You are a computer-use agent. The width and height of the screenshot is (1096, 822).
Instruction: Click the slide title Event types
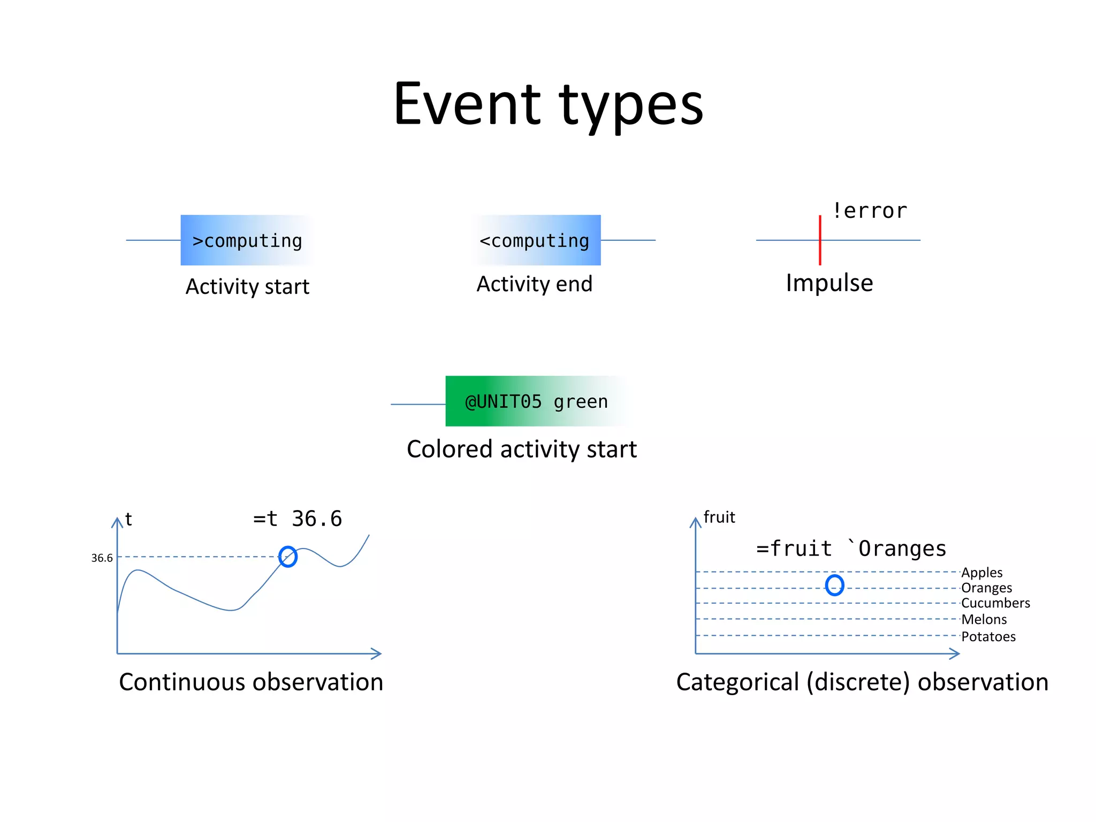[x=548, y=104]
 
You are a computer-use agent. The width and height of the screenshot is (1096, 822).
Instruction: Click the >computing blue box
[x=247, y=240]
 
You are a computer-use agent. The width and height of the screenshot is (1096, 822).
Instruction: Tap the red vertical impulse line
[x=819, y=240]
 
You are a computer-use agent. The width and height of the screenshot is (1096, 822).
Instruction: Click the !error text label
[x=870, y=211]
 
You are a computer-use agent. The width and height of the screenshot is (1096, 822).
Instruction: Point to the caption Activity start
[x=247, y=287]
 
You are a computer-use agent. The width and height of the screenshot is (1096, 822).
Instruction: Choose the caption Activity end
[x=534, y=284]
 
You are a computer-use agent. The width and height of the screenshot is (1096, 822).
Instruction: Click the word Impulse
[x=829, y=283]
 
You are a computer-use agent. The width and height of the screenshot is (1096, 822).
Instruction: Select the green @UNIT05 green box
[x=535, y=401]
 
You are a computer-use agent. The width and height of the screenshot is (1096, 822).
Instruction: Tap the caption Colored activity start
[x=522, y=449]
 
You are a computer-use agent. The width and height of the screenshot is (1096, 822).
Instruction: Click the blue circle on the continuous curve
[x=288, y=557]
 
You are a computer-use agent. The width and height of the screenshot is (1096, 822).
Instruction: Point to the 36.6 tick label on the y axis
[x=102, y=558]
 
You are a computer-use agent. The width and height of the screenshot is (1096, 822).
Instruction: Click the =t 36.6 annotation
[x=298, y=519]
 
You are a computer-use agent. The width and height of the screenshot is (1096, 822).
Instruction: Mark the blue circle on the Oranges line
[x=834, y=585]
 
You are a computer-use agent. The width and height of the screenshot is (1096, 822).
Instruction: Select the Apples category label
[x=981, y=573]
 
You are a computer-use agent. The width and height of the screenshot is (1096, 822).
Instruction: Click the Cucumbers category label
[x=995, y=603]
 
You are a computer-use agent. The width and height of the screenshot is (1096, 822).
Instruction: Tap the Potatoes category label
[x=988, y=637]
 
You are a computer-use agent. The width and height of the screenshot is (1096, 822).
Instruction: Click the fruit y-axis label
[x=719, y=517]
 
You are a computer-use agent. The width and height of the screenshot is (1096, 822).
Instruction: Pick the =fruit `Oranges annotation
[x=851, y=549]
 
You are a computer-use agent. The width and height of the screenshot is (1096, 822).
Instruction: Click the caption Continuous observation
[x=251, y=682]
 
